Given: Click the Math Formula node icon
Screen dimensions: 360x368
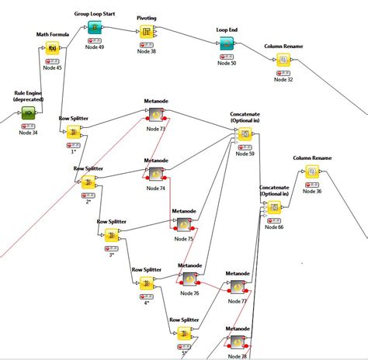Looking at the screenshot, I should [53, 48].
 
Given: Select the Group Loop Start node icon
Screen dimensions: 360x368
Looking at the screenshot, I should [93, 29].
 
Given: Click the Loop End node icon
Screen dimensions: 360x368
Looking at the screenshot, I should [227, 46].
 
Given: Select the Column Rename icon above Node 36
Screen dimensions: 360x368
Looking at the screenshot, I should [312, 173].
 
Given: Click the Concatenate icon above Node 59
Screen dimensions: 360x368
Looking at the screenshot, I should [245, 136].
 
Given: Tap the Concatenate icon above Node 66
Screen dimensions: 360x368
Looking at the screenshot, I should [273, 207].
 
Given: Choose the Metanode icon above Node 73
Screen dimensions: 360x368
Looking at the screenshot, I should [155, 115].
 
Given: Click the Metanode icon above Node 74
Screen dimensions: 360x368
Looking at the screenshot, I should [155, 174].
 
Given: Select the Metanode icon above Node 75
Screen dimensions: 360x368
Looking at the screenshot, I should [184, 224].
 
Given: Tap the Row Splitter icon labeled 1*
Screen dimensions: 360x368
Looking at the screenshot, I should [73, 133].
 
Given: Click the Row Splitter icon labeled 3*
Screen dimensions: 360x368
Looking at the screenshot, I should [111, 236].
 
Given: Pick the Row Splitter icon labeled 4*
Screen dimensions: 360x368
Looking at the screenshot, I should [146, 285].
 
